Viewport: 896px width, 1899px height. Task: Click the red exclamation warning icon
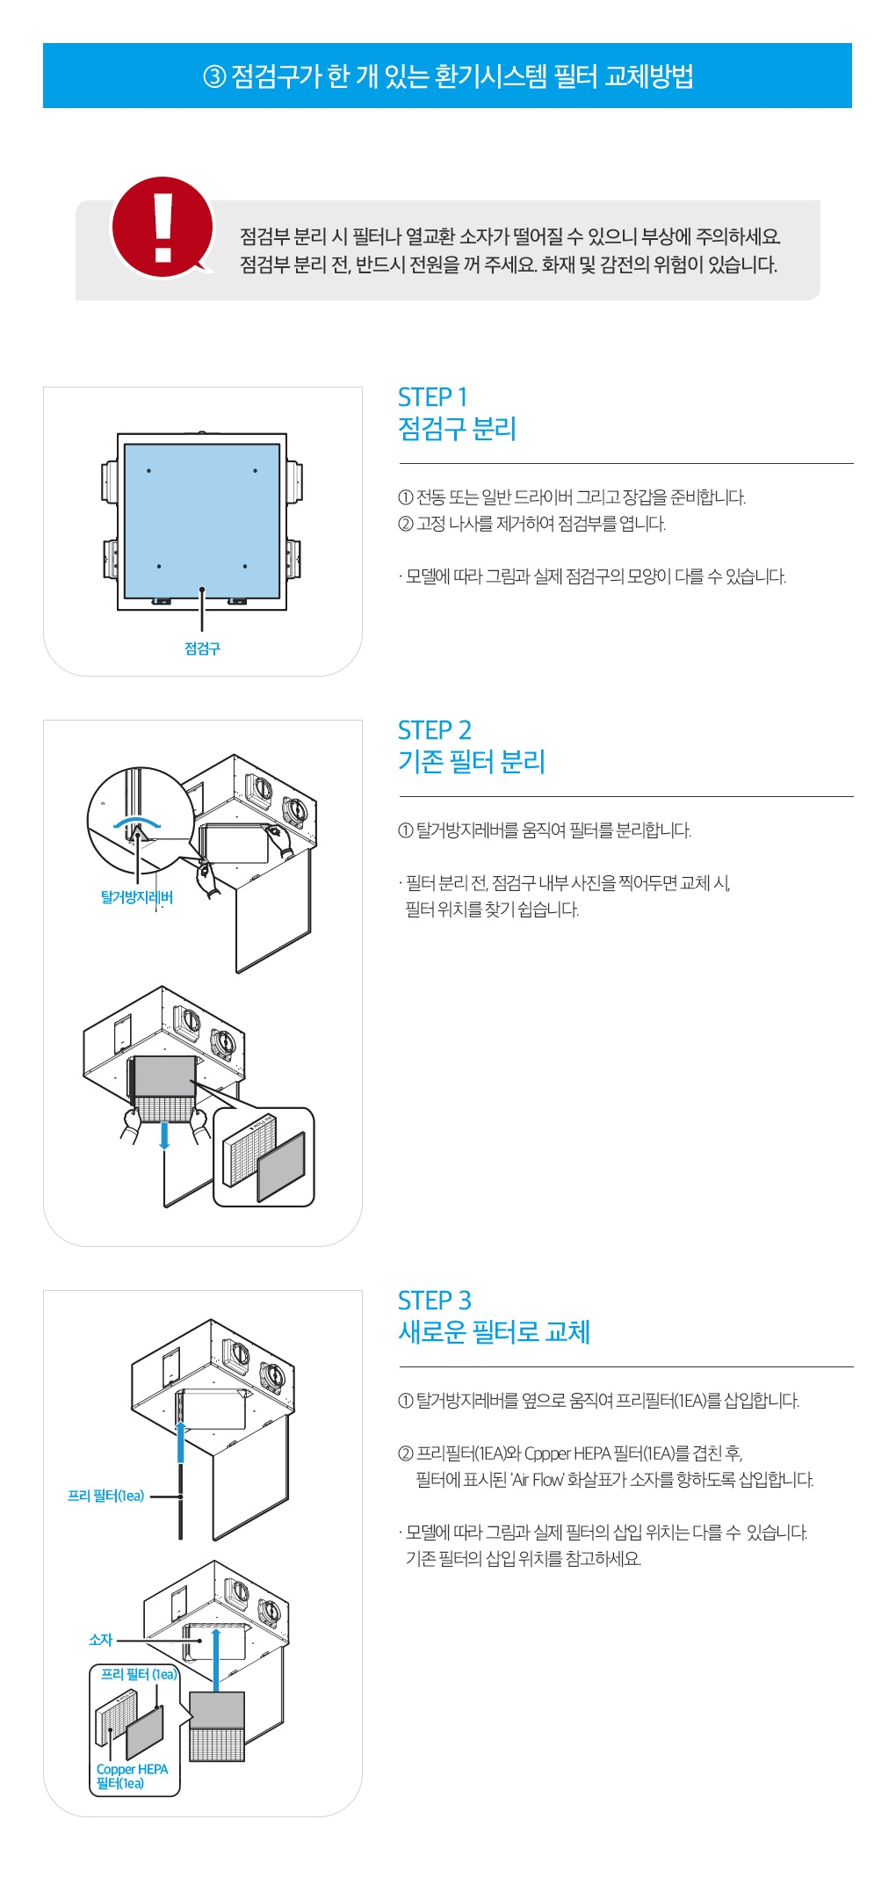point(163,227)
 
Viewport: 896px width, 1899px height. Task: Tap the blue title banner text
point(448,76)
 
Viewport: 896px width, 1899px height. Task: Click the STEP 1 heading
point(432,397)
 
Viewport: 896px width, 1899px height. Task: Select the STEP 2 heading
point(434,730)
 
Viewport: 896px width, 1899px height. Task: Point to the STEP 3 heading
point(434,1301)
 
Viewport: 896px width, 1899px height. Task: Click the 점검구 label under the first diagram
point(202,649)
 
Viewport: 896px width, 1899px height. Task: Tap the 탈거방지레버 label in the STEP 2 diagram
point(136,897)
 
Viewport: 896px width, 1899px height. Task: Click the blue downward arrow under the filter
point(164,1134)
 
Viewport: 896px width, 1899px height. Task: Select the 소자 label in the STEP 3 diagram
point(101,1640)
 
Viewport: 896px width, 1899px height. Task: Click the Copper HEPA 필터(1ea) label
point(132,1776)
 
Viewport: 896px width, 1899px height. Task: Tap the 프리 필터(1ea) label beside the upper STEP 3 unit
point(105,1496)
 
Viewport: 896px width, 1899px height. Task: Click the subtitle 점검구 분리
point(457,429)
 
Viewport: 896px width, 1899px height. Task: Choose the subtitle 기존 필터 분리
point(472,762)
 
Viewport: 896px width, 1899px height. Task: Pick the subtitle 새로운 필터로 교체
point(494,1332)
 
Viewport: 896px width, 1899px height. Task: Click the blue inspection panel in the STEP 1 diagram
point(202,518)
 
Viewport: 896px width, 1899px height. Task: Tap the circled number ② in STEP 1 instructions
point(405,525)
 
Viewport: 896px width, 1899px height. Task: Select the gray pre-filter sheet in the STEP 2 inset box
point(281,1166)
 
